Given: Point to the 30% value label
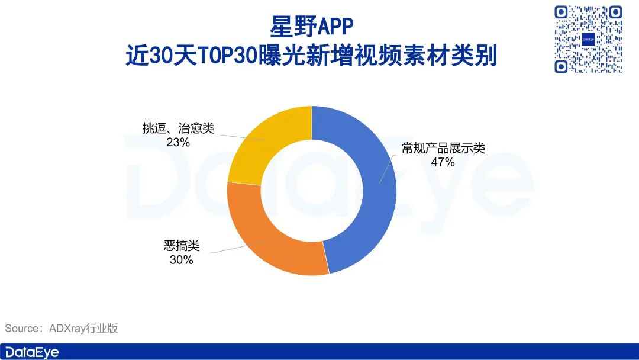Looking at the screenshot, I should point(181,259).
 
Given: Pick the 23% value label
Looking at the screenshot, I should point(177,142).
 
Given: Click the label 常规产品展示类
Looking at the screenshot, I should point(443,148).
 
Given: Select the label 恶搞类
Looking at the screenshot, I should point(181,246).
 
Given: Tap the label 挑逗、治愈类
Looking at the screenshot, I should point(177,128).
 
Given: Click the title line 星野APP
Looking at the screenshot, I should point(311,27).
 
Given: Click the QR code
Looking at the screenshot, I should point(589,39).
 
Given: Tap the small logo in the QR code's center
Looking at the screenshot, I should point(589,40).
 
